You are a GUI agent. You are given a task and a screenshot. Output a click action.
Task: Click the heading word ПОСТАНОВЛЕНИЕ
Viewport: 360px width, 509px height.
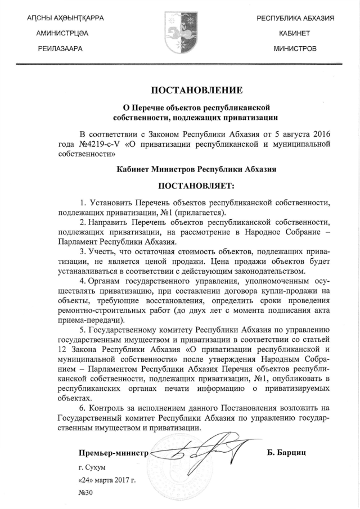click(x=196, y=90)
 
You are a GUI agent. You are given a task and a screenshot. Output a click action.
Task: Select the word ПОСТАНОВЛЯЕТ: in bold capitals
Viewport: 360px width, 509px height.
click(x=196, y=185)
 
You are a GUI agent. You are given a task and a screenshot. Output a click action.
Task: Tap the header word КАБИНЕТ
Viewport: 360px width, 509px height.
click(x=295, y=34)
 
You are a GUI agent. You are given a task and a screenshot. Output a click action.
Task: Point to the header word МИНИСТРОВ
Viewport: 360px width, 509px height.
click(x=295, y=49)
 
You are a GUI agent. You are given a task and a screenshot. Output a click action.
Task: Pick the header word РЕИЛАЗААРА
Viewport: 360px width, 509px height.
click(x=60, y=49)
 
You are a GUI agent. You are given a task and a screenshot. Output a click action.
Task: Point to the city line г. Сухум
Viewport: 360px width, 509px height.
click(x=92, y=467)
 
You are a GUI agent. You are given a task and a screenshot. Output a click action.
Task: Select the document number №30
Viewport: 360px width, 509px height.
click(x=85, y=493)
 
